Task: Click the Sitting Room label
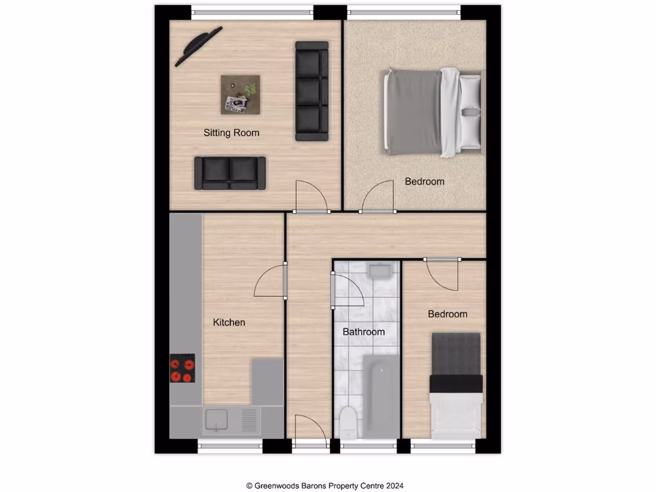tap(231, 133)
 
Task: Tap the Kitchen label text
tap(229, 322)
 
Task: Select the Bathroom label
tap(363, 332)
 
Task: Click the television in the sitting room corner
tap(199, 45)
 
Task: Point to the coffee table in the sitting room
tap(242, 95)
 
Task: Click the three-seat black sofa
tap(312, 91)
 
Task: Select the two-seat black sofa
tap(230, 173)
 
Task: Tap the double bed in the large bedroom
tap(432, 113)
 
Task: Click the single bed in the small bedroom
tap(455, 384)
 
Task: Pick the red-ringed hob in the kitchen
tap(182, 368)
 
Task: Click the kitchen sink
tap(216, 420)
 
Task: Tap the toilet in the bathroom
tap(348, 421)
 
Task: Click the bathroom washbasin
tap(380, 271)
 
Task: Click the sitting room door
tap(311, 197)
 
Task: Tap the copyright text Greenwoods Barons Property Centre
tap(325, 486)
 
